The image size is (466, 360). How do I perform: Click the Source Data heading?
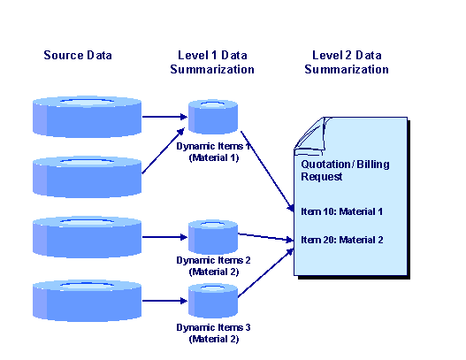(78, 56)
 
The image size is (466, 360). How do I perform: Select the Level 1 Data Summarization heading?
(212, 63)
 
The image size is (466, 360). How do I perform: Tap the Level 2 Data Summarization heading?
(347, 63)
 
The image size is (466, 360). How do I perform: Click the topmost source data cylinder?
(87, 117)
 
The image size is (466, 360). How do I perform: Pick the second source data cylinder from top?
(87, 177)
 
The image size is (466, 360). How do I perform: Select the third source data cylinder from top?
(87, 237)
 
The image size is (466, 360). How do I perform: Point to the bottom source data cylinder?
(87, 301)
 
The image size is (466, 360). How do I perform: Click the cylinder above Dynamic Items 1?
(213, 117)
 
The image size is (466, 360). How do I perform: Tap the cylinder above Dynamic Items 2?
(213, 237)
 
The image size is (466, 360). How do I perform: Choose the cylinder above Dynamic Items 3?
(213, 301)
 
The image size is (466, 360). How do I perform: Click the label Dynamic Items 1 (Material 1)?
(213, 152)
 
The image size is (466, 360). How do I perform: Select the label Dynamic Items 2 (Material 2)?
(213, 265)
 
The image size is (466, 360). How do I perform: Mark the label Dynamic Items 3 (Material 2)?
(213, 333)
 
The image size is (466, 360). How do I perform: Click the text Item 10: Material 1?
(342, 211)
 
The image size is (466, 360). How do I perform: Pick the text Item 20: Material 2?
(342, 240)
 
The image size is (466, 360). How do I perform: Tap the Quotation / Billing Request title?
(345, 171)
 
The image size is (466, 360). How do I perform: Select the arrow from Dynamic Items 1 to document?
(267, 172)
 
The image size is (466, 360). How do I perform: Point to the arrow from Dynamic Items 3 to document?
(266, 273)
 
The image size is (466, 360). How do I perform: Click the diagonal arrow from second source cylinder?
(164, 150)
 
